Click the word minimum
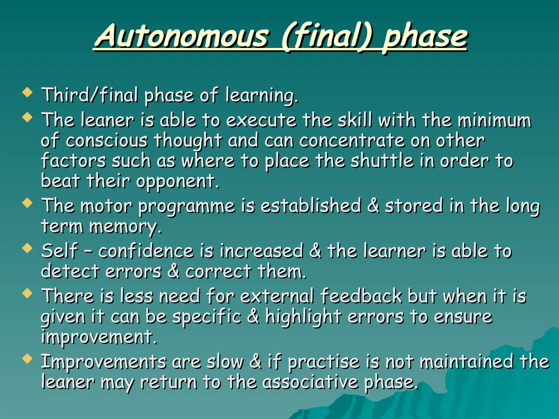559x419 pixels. tap(494, 120)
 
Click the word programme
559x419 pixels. tap(186, 206)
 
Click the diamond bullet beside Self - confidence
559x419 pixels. tap(27, 248)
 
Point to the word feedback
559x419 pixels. tap(361, 296)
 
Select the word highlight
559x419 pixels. tap(303, 317)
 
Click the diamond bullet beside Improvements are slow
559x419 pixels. tap(27, 359)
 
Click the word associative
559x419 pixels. tap(310, 382)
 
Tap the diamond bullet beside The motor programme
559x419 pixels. tap(27, 203)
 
